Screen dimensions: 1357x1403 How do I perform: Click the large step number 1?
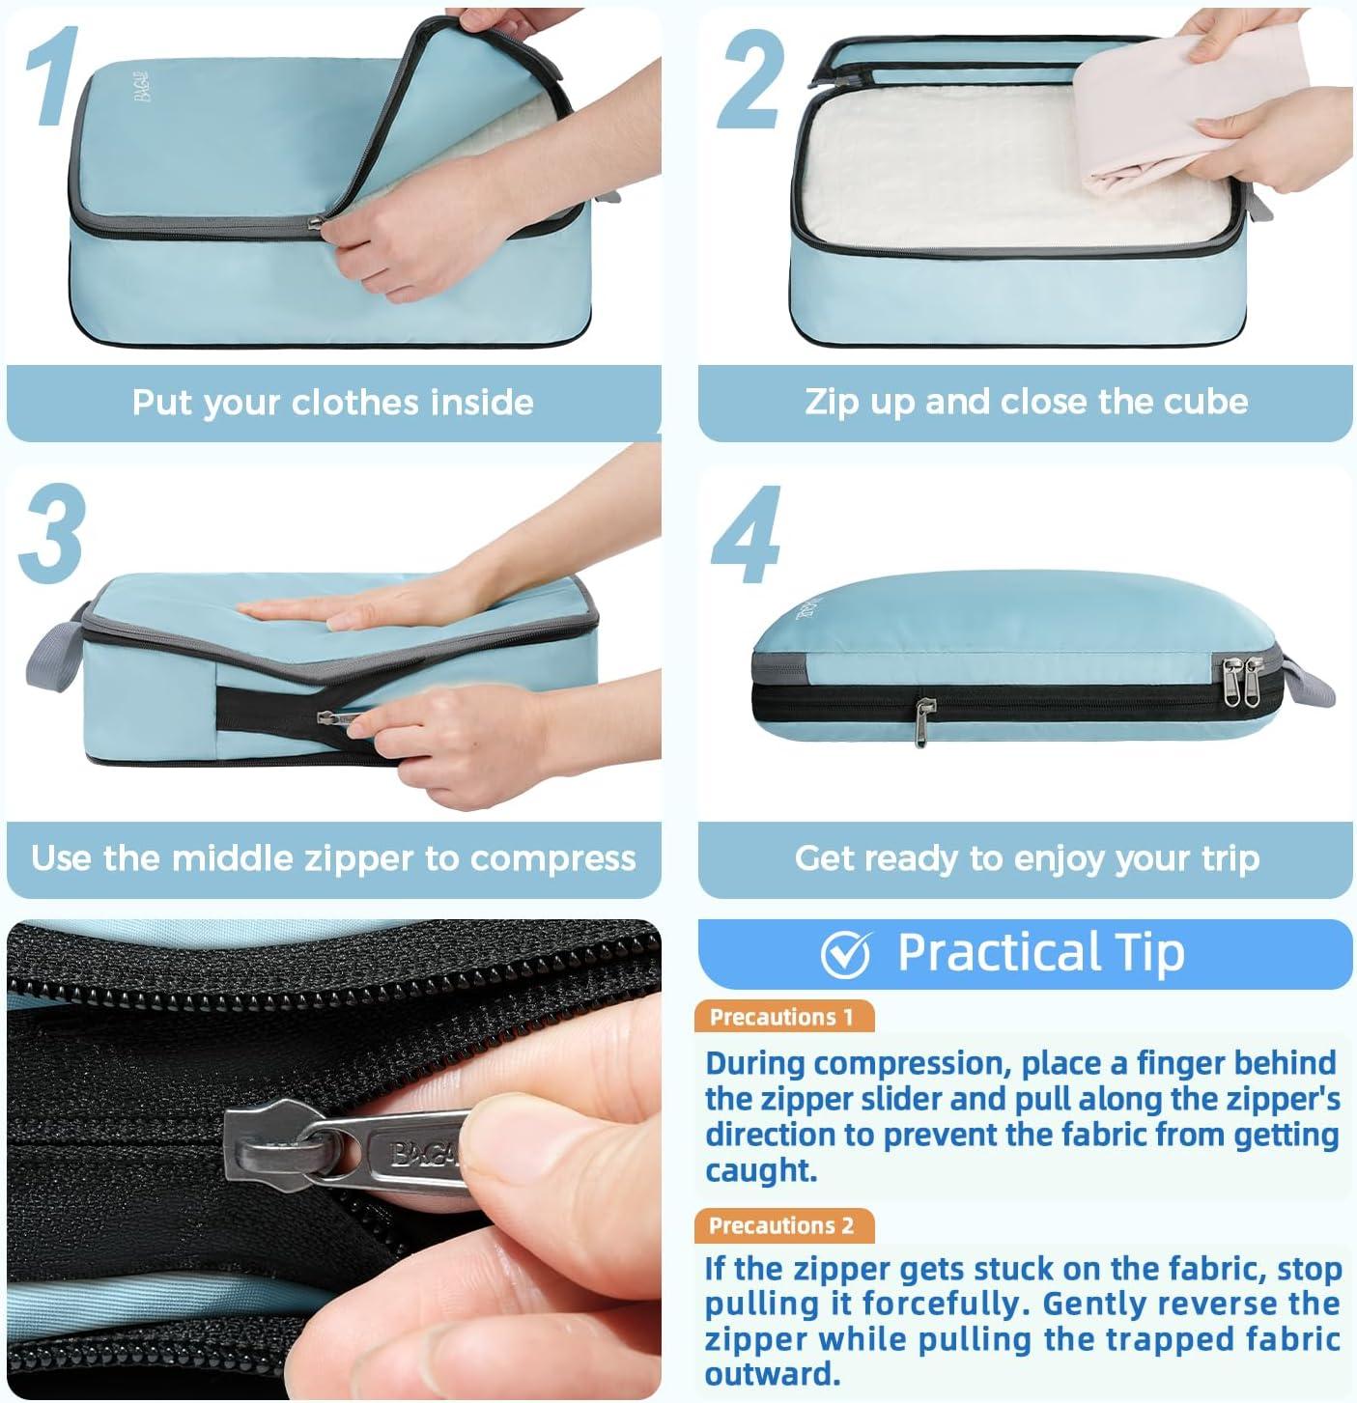pyautogui.click(x=50, y=76)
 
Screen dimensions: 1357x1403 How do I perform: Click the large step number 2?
pyautogui.click(x=751, y=80)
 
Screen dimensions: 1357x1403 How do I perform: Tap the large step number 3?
pyautogui.click(x=52, y=533)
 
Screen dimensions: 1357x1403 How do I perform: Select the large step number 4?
pyautogui.click(x=747, y=534)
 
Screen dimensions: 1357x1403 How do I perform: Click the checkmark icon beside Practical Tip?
pyautogui.click(x=845, y=955)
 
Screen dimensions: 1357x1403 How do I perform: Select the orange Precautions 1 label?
pyautogui.click(x=783, y=1016)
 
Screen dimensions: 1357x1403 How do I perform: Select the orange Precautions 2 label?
pyautogui.click(x=783, y=1225)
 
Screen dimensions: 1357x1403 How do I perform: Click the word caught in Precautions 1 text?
pyautogui.click(x=761, y=1169)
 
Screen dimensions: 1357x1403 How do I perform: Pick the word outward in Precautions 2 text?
pyautogui.click(x=773, y=1373)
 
